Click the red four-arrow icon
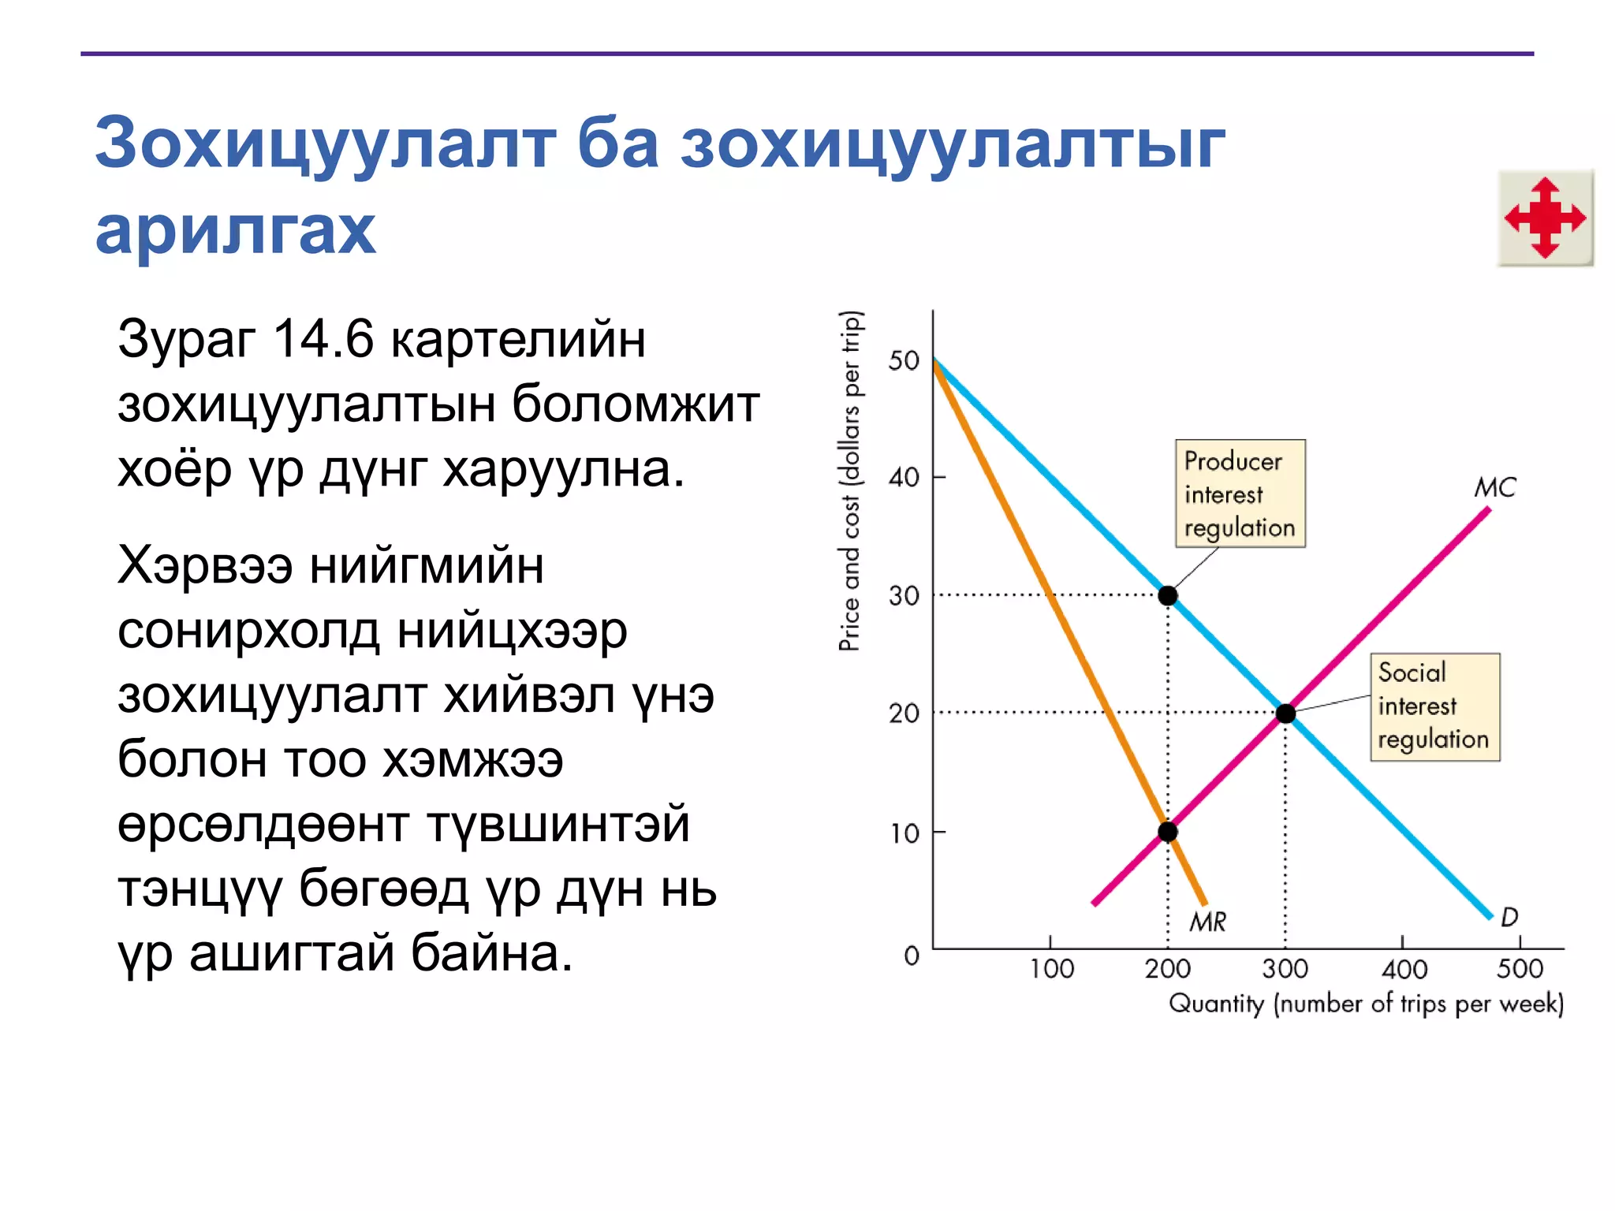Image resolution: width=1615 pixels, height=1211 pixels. tap(1545, 218)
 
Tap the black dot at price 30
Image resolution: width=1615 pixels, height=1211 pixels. tap(1168, 595)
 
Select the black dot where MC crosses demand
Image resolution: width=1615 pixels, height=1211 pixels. tap(1285, 714)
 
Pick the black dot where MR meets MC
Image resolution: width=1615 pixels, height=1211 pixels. tap(1168, 832)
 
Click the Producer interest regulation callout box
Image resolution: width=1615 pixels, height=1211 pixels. tap(1240, 494)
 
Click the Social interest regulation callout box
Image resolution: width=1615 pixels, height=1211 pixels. tap(1434, 706)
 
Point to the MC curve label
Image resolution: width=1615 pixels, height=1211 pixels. tap(1495, 487)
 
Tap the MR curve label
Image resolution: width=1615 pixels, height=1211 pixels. tap(1207, 921)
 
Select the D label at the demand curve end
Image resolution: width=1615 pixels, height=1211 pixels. tap(1509, 917)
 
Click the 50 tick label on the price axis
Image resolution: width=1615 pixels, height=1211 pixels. tap(904, 361)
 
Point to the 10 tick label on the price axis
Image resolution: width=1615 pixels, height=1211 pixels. tap(904, 833)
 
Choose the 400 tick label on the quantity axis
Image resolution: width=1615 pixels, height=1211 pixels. tap(1404, 969)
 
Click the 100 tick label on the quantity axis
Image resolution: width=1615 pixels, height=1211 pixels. tap(1051, 969)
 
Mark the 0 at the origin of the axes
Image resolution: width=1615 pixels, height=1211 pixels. tap(912, 956)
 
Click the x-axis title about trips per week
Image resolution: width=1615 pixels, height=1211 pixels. tap(1366, 1004)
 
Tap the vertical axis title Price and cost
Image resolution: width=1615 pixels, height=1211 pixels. tap(850, 481)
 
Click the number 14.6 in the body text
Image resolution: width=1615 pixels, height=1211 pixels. tap(323, 340)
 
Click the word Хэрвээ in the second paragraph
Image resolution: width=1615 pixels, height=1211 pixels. tap(205, 566)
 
